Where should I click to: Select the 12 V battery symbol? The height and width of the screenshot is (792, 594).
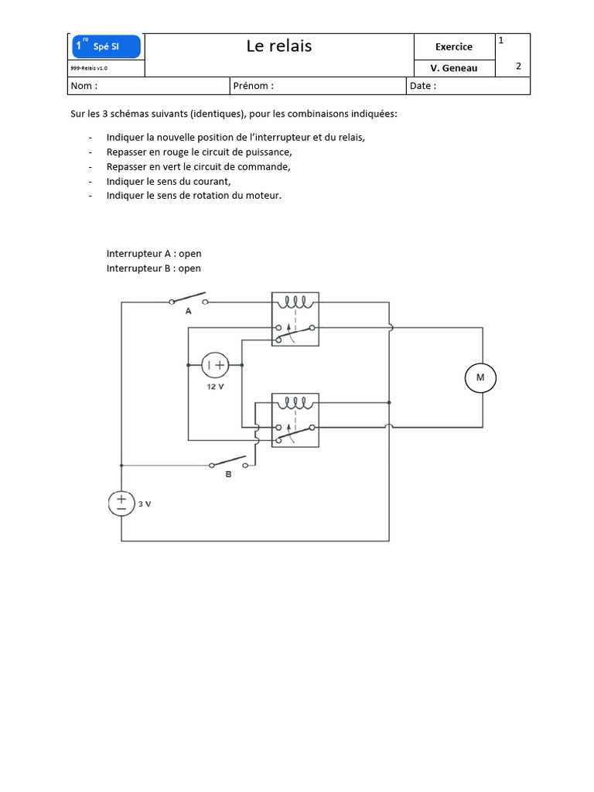(215, 365)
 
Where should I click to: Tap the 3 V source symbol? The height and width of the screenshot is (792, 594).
(121, 504)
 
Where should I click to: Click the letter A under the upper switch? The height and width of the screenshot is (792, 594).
(189, 311)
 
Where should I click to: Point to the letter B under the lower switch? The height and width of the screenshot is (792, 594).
(228, 474)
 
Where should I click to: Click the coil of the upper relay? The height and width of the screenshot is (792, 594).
(295, 302)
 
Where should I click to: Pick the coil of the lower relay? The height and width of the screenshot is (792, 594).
(295, 403)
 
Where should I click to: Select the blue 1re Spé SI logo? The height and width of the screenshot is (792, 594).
(106, 46)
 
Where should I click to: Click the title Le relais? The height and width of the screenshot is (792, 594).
(279, 46)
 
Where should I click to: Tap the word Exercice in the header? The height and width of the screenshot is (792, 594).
(454, 47)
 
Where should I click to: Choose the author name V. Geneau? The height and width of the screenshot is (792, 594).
(454, 68)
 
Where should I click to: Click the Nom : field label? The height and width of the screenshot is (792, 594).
(84, 86)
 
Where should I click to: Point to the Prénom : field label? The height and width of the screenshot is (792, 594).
(254, 86)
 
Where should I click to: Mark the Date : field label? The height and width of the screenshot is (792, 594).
(423, 86)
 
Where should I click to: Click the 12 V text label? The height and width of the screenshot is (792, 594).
(215, 387)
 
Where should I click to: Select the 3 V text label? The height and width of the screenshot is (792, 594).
(145, 504)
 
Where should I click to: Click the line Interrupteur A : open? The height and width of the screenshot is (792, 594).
(154, 254)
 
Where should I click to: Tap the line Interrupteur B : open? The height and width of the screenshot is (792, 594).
(154, 268)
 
